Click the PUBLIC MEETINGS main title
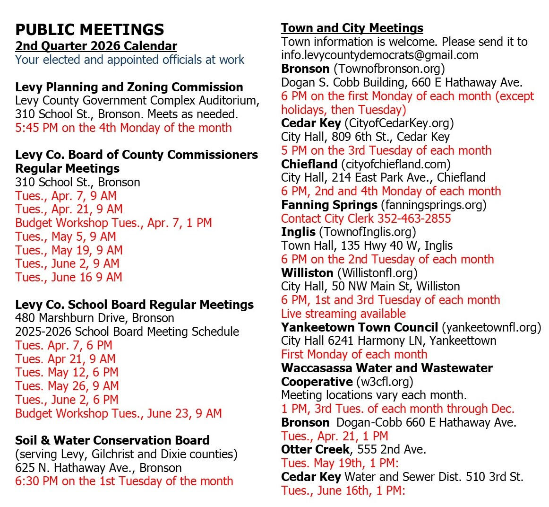(90, 30)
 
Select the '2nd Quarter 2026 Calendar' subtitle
(96, 46)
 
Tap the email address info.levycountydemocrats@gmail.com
(379, 55)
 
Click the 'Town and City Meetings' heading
(352, 28)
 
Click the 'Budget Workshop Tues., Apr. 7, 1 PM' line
(113, 223)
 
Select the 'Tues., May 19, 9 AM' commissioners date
(69, 250)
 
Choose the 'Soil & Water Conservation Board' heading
(112, 440)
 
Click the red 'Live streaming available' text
(343, 314)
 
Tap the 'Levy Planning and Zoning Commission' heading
(129, 87)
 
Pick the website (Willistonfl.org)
(377, 273)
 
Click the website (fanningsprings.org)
(433, 205)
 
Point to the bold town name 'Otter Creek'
(315, 449)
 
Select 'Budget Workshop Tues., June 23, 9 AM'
(118, 413)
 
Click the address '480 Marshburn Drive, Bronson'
(94, 318)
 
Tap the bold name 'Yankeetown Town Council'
(360, 327)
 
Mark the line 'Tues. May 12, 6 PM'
(67, 373)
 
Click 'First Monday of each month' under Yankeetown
(354, 354)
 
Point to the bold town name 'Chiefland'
(309, 164)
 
